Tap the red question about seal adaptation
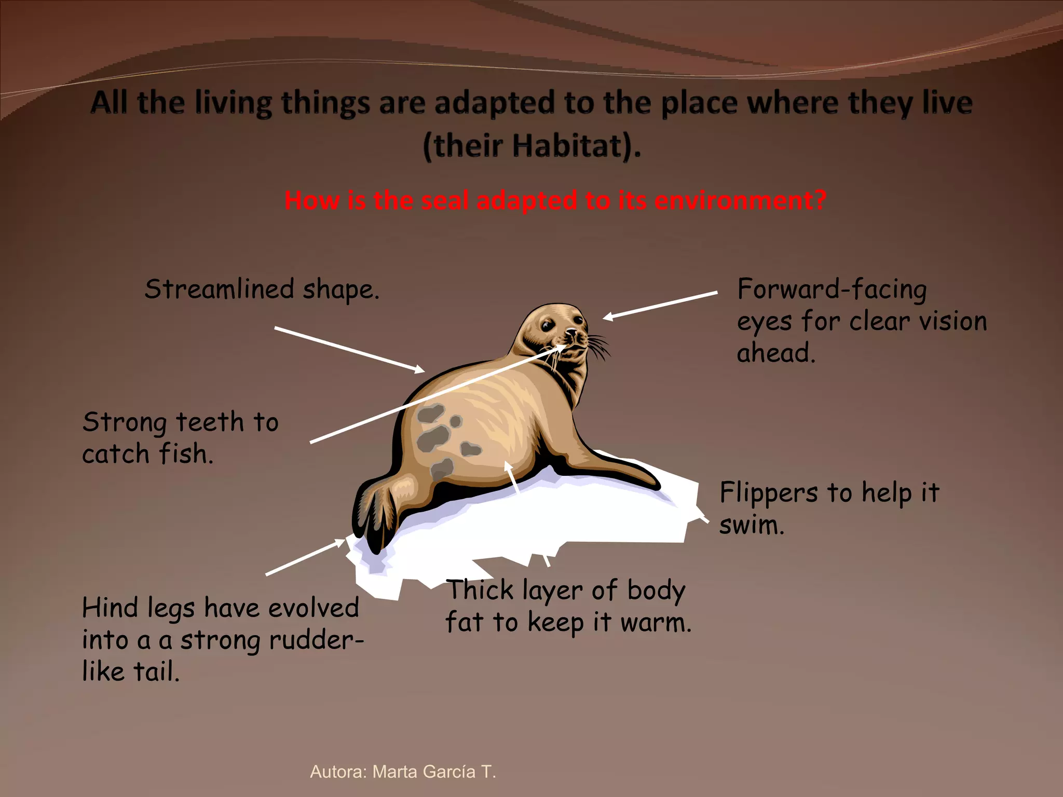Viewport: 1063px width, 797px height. (x=555, y=201)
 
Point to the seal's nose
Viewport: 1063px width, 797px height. (x=571, y=333)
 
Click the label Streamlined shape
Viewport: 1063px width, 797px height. (x=262, y=290)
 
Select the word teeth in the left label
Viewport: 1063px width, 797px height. (x=210, y=422)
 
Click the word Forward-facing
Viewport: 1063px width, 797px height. (x=832, y=289)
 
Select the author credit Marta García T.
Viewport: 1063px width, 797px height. (x=403, y=772)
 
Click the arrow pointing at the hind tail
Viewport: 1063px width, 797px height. (x=305, y=557)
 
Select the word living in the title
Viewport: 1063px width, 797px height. (x=233, y=103)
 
